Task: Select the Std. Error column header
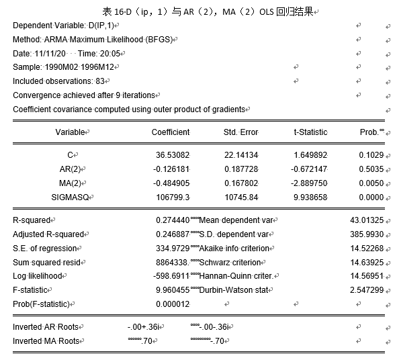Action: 240,132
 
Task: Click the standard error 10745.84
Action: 242,197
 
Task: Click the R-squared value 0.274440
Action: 172,220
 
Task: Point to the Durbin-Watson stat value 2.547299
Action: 367,290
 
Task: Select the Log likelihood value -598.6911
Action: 171,276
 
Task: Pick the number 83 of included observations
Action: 99,81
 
